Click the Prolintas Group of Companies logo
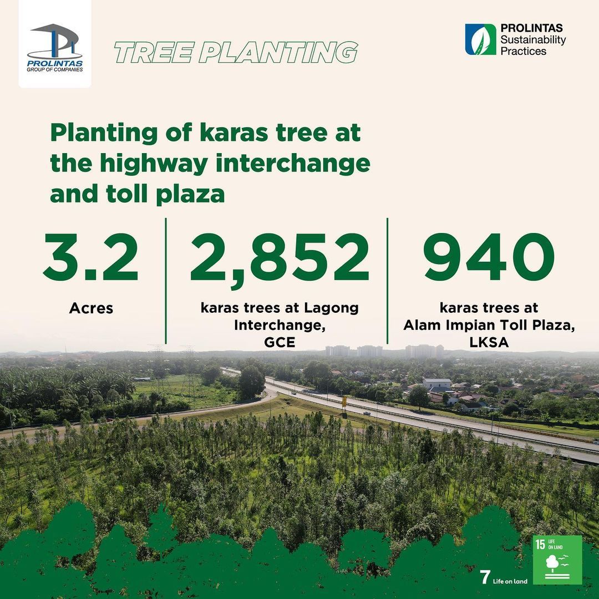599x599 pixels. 54,47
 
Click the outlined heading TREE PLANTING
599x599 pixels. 236,52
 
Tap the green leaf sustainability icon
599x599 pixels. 480,39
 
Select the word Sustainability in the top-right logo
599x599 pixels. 533,40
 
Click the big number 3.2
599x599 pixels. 90,257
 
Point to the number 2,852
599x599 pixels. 280,258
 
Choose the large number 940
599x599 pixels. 489,257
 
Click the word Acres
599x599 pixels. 91,308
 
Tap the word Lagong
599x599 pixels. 331,308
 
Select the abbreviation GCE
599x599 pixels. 280,342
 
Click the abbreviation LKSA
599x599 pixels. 489,342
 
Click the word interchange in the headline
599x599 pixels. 293,164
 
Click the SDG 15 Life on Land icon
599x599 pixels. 557,560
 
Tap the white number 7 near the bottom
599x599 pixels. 485,577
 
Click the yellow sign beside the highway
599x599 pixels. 344,401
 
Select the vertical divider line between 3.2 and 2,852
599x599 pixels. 166,281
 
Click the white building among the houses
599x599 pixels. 436,384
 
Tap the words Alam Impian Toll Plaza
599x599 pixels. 489,325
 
